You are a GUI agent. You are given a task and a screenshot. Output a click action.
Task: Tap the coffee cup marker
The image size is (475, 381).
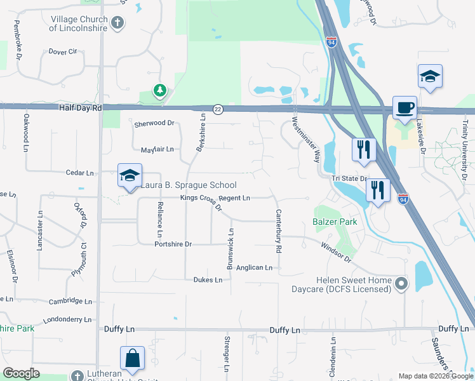[x=404, y=107]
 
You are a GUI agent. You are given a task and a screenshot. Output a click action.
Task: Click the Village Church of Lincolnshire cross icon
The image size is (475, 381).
[x=117, y=23]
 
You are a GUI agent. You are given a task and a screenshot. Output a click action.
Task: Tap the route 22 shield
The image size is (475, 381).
[x=218, y=109]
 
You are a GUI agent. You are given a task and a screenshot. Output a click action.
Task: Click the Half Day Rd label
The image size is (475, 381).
[x=81, y=108]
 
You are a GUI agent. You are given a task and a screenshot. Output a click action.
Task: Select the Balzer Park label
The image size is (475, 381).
[x=334, y=222]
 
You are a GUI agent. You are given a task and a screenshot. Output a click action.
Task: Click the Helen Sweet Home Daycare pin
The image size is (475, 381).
[x=401, y=283]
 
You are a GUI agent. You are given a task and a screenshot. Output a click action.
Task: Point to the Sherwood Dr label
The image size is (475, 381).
[x=154, y=123]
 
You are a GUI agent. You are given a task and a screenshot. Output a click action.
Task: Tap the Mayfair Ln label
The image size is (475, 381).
[x=157, y=149]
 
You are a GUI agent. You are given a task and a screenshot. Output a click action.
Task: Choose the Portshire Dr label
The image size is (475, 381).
[x=173, y=244]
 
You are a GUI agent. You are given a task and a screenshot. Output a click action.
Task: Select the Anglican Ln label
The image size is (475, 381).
[x=254, y=268]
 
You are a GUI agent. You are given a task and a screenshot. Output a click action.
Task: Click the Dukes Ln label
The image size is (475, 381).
[x=208, y=279]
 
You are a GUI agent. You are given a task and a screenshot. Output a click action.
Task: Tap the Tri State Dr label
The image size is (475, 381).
[x=349, y=178]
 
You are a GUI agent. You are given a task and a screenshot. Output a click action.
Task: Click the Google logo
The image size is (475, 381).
[x=21, y=373]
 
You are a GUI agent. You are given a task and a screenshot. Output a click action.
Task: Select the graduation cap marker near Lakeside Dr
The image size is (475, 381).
[x=430, y=76]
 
